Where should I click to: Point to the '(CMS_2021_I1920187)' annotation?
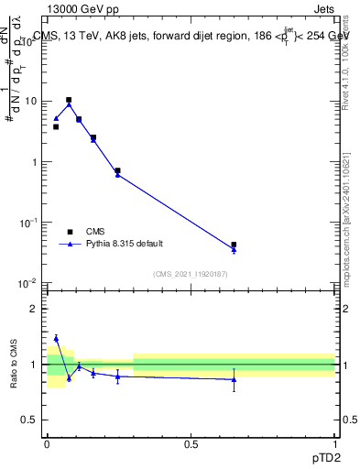(x=191, y=274)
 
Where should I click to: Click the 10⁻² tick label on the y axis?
(x=27, y=283)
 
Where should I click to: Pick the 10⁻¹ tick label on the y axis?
(x=27, y=223)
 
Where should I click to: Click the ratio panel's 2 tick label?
(x=34, y=309)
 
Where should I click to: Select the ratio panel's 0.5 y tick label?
(x=30, y=420)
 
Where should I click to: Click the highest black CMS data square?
(x=69, y=100)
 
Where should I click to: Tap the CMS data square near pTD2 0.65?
(x=234, y=245)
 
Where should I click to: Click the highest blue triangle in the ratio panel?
(x=56, y=338)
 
